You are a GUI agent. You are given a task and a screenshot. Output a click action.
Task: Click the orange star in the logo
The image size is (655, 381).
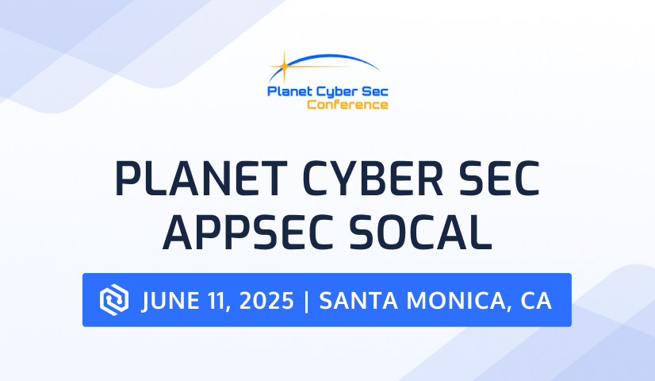(x=284, y=66)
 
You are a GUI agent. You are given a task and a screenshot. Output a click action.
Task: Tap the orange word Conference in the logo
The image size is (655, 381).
(x=347, y=104)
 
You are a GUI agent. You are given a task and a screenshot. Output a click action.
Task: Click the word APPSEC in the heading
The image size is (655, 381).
(x=248, y=232)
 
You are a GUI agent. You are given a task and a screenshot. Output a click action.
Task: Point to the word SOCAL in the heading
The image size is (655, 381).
(x=420, y=232)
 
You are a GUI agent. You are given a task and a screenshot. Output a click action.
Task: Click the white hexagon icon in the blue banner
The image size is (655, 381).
(x=114, y=300)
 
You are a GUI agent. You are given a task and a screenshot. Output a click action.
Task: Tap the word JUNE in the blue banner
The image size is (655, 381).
(x=171, y=301)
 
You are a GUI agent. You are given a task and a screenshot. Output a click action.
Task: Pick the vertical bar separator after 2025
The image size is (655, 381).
(x=307, y=301)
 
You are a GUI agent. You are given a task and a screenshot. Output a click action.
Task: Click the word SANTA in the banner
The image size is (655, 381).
(x=358, y=301)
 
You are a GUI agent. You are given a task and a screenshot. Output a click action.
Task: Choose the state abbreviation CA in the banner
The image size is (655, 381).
(x=536, y=301)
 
